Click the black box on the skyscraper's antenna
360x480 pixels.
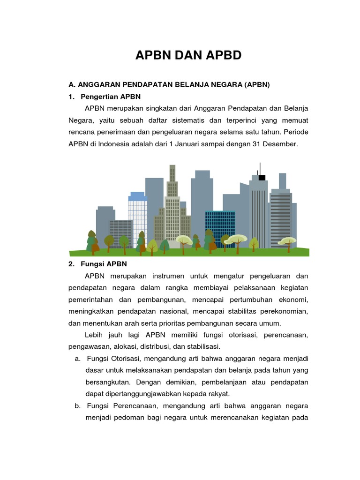pos(262,177)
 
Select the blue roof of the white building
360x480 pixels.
pos(137,196)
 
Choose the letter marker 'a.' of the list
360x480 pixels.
pos(77,359)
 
